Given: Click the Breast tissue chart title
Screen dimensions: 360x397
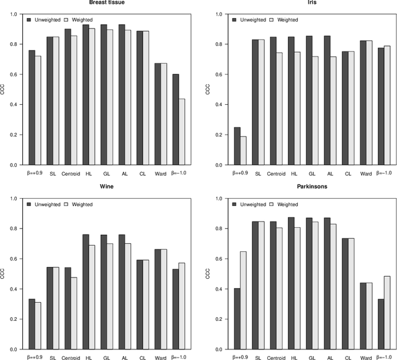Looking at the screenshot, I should pos(105,2).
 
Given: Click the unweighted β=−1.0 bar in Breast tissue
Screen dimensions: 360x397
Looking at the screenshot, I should pos(176,119).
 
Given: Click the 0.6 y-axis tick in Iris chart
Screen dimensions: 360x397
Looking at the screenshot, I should pos(218,74).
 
